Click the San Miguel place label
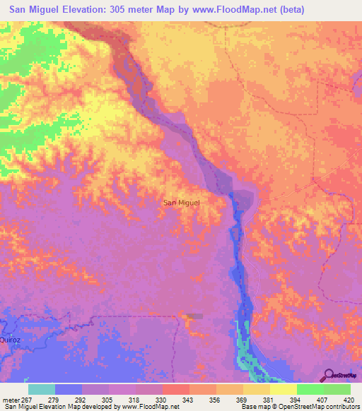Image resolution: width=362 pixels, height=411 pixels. (x=182, y=203)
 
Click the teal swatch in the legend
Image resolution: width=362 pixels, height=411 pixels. (x=42, y=389)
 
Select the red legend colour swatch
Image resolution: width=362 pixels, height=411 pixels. (x=175, y=389)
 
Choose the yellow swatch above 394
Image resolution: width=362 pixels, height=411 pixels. (x=283, y=389)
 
